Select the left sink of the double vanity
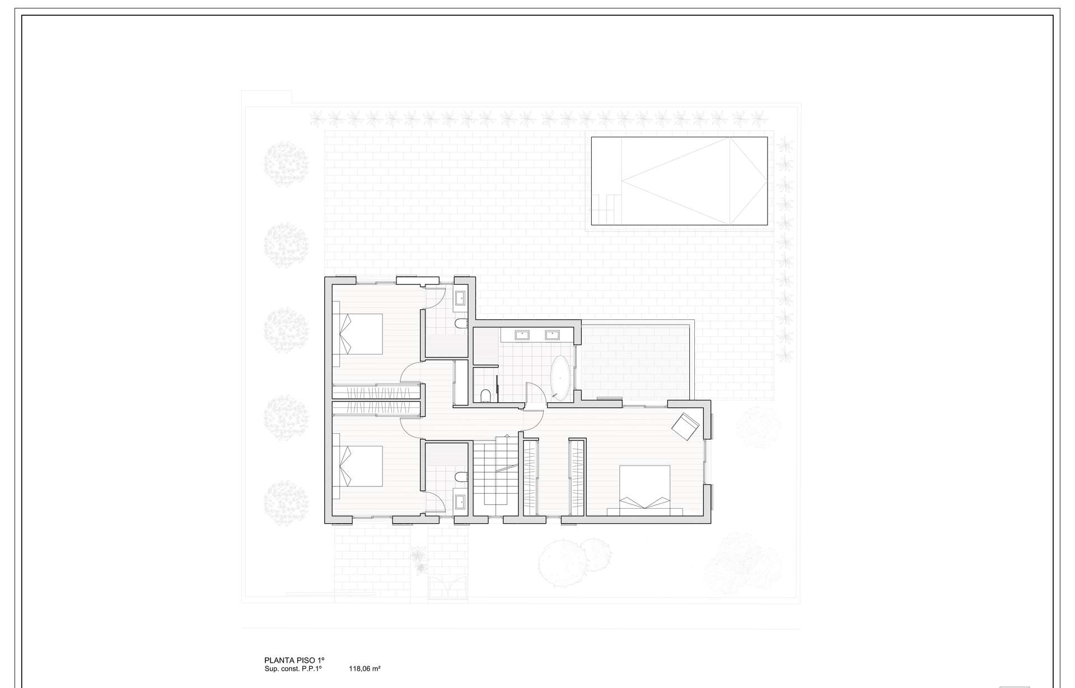[522, 335]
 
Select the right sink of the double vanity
[552, 335]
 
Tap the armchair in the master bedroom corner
[686, 426]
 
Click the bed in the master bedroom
[645, 487]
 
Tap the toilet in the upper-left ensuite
[461, 323]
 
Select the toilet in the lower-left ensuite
[461, 477]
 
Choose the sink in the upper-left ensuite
[460, 297]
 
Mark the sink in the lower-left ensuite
[460, 501]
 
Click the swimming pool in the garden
[679, 181]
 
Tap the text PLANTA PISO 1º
[295, 660]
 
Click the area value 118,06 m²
[365, 668]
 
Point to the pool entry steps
[606, 208]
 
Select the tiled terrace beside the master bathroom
[635, 362]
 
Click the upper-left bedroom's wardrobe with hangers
[376, 392]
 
